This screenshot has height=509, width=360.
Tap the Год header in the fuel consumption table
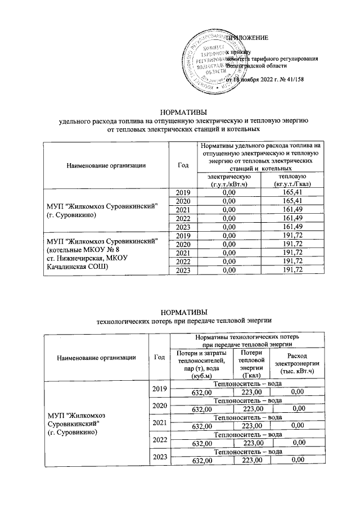click(x=182, y=165)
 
